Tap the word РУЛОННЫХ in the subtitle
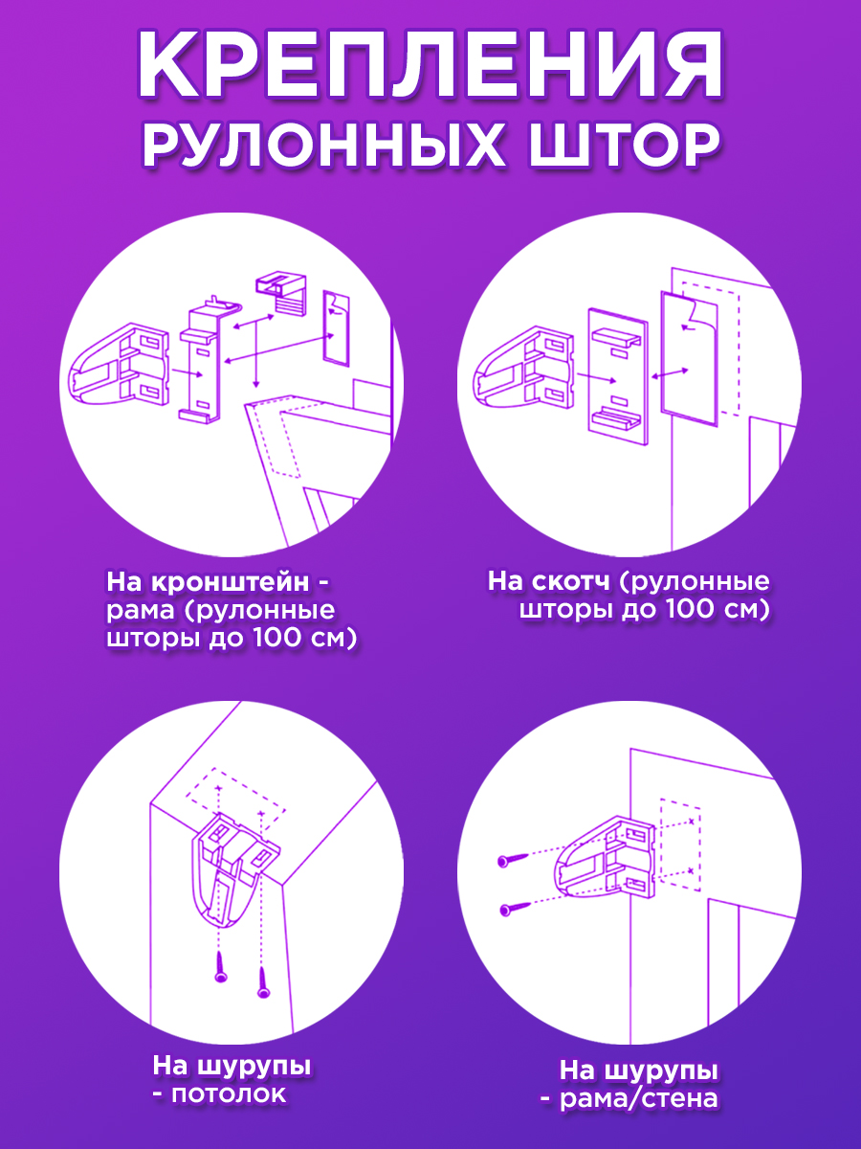tap(324, 144)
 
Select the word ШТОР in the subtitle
tap(625, 144)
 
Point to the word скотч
tap(571, 581)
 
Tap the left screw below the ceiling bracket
tap(221, 967)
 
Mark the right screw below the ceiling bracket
tap(263, 982)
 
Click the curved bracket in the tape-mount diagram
tap(522, 368)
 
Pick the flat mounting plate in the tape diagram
tap(618, 376)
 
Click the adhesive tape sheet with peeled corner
tap(689, 358)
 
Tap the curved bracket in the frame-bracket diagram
tap(119, 365)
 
